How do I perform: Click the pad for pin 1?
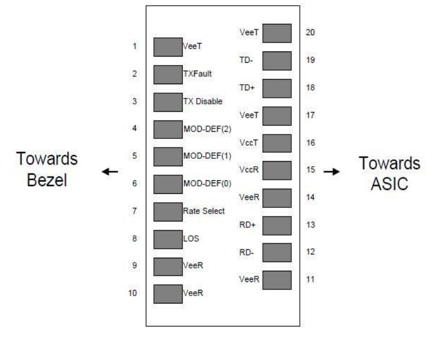click(168, 47)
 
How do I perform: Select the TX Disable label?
click(203, 102)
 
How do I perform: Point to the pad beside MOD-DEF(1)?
click(168, 157)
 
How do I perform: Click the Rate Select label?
click(204, 211)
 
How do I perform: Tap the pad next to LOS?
click(168, 238)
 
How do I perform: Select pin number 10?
click(133, 293)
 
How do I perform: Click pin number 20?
click(309, 33)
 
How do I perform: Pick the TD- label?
click(246, 60)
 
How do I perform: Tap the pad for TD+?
click(277, 88)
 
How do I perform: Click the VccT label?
click(249, 143)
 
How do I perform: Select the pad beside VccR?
click(277, 170)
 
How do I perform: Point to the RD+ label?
click(247, 225)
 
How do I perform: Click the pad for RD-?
click(277, 252)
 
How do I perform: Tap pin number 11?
click(309, 279)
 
